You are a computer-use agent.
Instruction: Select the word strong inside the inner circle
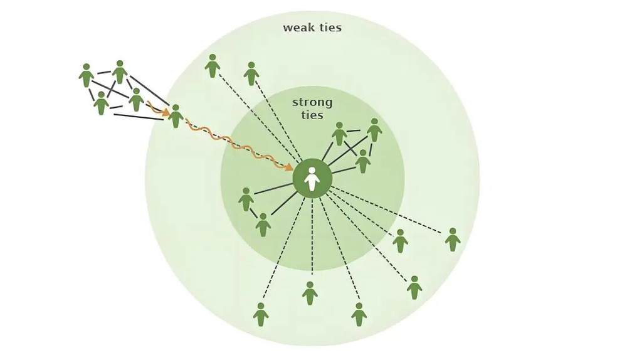(x=312, y=102)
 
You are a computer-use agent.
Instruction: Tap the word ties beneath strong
(x=312, y=115)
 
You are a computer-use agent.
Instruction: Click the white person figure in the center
(x=312, y=179)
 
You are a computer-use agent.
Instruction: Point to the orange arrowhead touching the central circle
(x=289, y=167)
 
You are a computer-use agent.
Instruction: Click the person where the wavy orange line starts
(x=176, y=116)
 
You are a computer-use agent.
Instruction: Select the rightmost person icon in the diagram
(x=452, y=240)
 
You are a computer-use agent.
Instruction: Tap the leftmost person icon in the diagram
(x=87, y=75)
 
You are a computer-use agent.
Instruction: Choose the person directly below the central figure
(x=310, y=293)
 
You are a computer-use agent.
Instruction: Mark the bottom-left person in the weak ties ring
(x=261, y=314)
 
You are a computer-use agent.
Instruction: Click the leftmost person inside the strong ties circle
(x=246, y=199)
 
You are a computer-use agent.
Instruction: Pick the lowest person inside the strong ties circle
(x=263, y=225)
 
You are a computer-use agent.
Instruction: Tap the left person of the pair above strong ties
(x=213, y=66)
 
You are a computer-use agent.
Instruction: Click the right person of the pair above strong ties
(x=251, y=73)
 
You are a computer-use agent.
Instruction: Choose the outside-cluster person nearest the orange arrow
(x=136, y=100)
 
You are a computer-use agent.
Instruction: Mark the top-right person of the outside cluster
(x=120, y=72)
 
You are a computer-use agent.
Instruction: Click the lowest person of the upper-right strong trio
(x=362, y=161)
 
